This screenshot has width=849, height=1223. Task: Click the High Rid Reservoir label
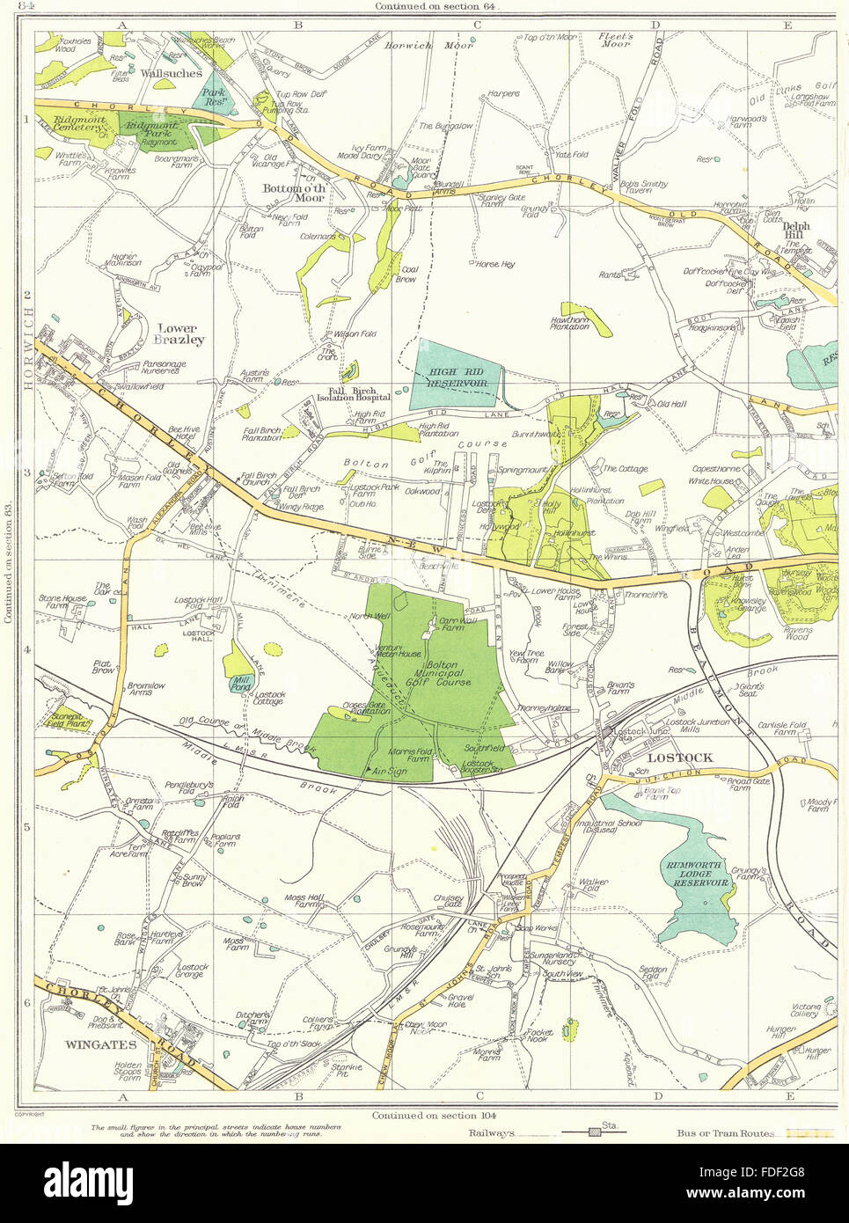[x=457, y=378]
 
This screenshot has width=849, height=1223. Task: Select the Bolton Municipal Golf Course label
[x=443, y=675]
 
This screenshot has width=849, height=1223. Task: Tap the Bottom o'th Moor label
[x=295, y=193]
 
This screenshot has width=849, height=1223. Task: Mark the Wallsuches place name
[x=172, y=74]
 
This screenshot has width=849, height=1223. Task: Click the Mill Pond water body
[x=240, y=683]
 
